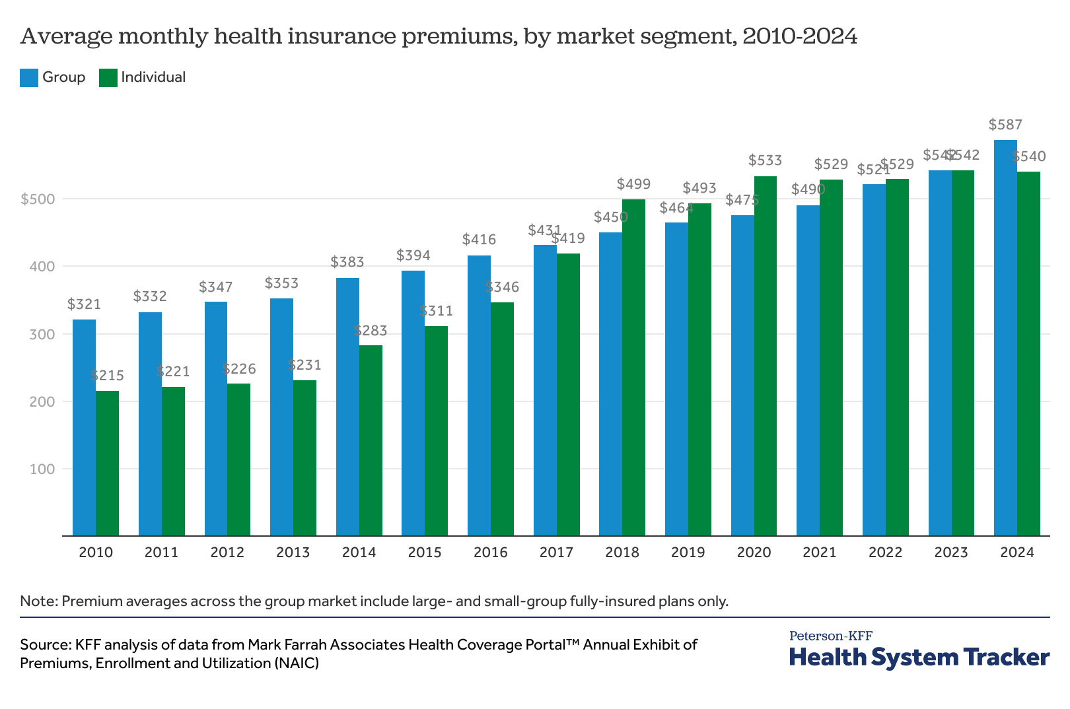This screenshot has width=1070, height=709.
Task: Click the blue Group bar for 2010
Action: point(84,427)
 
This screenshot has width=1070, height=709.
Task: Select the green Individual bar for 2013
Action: point(304,457)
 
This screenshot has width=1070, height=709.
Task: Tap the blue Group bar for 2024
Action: point(1005,337)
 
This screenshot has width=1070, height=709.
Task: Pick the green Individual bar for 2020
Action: point(766,356)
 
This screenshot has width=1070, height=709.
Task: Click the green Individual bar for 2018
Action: point(633,367)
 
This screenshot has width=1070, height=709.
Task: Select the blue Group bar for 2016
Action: point(479,395)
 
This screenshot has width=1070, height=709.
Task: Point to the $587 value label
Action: point(1005,125)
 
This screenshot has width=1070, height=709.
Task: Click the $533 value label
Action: point(765,160)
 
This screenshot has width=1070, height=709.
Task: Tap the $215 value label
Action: point(107,376)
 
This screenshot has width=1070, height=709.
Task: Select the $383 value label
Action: point(347,262)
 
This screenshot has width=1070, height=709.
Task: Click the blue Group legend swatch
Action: point(29,78)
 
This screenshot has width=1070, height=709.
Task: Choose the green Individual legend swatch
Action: point(108,78)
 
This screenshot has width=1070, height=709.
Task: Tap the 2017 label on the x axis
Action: point(556,553)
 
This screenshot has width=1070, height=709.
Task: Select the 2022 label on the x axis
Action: point(885,553)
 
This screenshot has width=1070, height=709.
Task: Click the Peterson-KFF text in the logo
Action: point(830,636)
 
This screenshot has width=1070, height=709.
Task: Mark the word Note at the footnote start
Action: point(38,601)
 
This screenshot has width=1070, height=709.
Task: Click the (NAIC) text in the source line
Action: point(297,663)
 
